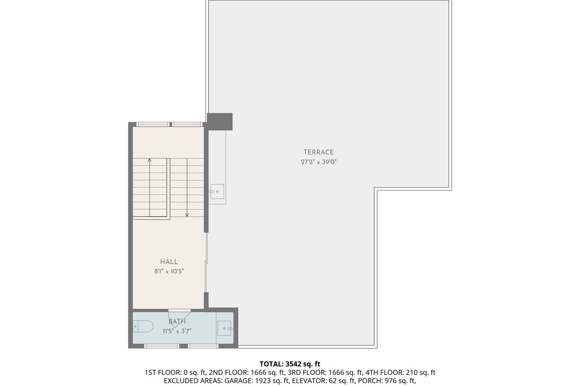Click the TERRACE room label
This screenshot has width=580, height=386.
pos(319,152)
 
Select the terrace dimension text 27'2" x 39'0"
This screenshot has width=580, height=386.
pos(319,163)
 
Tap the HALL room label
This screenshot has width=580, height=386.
pos(169,262)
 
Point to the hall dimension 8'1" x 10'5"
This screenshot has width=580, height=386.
pos(169,272)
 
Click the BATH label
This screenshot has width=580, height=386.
pos(177,321)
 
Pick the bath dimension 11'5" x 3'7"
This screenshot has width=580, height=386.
pos(177,331)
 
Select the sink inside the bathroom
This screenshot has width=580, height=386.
pos(225,328)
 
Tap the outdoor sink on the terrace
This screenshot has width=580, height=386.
pos(217,192)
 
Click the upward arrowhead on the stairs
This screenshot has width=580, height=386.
pos(149,160)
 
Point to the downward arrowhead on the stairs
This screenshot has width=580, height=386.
pos(187,215)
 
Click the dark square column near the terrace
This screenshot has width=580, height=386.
pos(220,121)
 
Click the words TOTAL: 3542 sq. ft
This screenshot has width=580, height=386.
pos(290,363)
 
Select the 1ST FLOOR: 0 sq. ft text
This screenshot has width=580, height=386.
pos(176,372)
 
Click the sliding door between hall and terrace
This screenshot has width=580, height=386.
pos(206,263)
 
